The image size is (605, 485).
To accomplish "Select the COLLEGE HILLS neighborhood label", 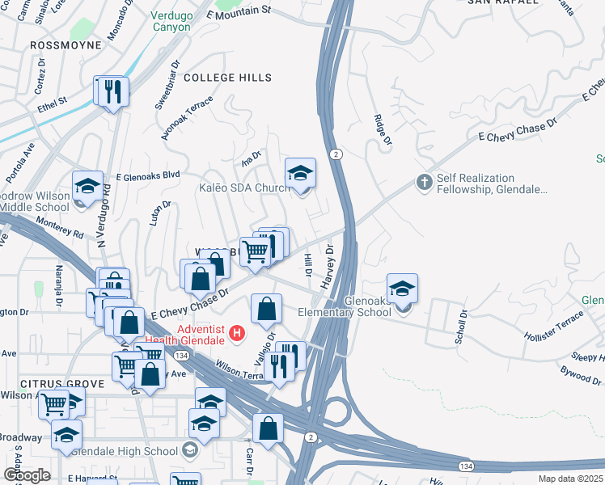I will pyautogui.click(x=227, y=77).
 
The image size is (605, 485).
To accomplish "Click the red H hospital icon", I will pyautogui.click(x=237, y=332).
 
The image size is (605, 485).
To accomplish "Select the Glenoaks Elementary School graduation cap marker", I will pyautogui.click(x=402, y=288).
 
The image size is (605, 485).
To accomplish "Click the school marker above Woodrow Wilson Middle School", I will pyautogui.click(x=87, y=185).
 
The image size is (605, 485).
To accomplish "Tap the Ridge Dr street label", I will pyautogui.click(x=383, y=129).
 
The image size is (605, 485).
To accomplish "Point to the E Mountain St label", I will pyautogui.click(x=237, y=15).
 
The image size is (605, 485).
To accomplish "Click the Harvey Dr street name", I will pyautogui.click(x=329, y=264).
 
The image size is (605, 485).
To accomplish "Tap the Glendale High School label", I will pyautogui.click(x=125, y=451).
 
